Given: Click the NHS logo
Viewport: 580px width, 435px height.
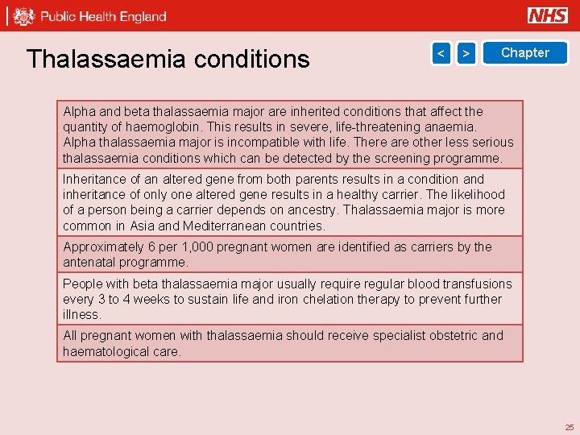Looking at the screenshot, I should click(548, 15).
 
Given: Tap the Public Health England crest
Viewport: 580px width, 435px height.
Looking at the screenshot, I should click(24, 16).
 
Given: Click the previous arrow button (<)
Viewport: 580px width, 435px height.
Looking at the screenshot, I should click(441, 53).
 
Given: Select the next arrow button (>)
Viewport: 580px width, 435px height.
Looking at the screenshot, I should click(466, 53).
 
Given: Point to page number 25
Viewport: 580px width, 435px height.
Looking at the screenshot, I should click(570, 427).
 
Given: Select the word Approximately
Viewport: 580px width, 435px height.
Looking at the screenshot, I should click(101, 246).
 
